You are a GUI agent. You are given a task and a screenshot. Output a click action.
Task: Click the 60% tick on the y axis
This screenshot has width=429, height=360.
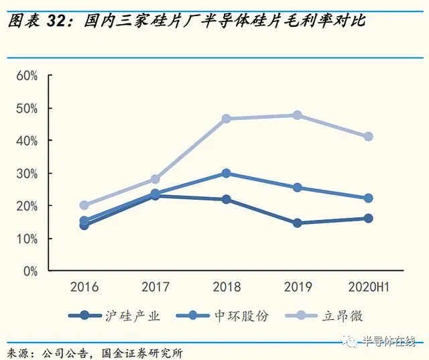pos(27,75)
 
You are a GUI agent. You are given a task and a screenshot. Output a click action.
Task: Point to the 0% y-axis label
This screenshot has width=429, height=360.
pos(30,272)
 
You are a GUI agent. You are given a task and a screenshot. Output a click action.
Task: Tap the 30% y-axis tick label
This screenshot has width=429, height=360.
pos(27,174)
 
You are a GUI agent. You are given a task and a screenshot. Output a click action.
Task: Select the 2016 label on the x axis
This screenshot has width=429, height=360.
pos(84,288)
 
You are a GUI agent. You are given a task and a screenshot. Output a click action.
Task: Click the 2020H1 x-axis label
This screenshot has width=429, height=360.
pos(369,288)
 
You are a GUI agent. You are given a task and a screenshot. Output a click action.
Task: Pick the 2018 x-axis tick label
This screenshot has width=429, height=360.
pos(226,288)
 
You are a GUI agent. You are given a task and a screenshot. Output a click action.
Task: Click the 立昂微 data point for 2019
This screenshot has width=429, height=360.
pos(297,115)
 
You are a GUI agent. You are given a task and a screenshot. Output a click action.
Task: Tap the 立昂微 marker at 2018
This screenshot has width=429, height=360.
pos(226,119)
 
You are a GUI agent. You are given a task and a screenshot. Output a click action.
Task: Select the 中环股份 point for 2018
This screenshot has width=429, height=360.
pos(226,173)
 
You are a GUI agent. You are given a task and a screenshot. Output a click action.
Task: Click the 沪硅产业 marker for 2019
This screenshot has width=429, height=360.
pos(297,223)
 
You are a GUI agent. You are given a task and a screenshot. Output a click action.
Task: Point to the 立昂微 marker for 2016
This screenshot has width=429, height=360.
pos(84,205)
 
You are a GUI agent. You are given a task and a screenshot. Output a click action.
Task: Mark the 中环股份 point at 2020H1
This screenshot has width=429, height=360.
pos(368,198)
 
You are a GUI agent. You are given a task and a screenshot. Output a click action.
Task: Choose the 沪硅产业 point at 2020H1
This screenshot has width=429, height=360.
pos(368,219)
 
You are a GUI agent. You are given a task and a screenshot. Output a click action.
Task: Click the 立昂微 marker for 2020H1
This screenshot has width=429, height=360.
pos(368,137)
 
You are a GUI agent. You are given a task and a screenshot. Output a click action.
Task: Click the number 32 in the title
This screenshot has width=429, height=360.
pos(60,21)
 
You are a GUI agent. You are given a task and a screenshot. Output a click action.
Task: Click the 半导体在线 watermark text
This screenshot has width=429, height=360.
pos(389,342)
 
